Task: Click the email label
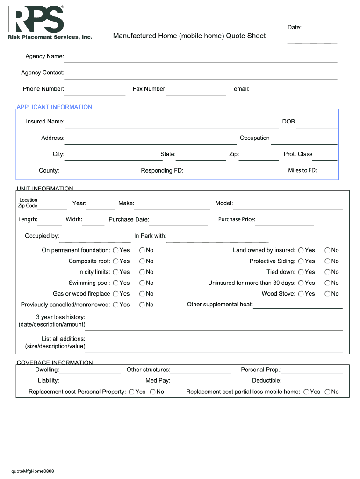pos(241,89)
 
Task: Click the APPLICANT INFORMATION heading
pos(54,107)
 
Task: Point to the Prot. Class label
pos(298,154)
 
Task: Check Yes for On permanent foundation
pos(115,250)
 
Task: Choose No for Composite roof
pos(142,261)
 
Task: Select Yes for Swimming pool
pos(115,283)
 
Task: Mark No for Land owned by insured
pos(328,250)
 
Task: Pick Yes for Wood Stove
pos(301,294)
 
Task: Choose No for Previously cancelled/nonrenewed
pos(142,305)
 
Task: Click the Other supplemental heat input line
pos(298,305)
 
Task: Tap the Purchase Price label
pos(237,219)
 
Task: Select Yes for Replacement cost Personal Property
pos(131,392)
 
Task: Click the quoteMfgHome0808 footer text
pos(33,471)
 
